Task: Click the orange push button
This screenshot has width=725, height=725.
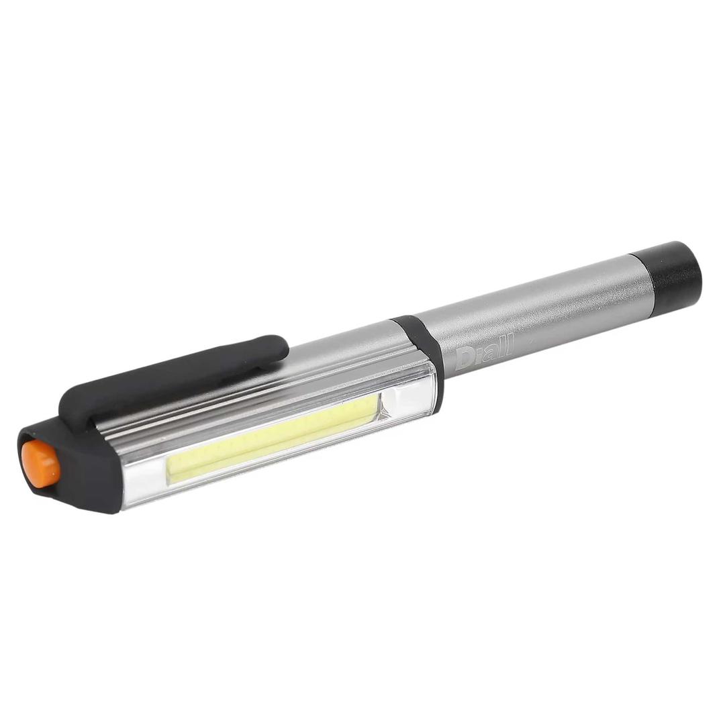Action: [x=40, y=464]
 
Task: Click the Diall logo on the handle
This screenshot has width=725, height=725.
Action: [x=483, y=352]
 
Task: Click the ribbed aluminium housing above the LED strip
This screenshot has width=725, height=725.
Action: [x=255, y=403]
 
